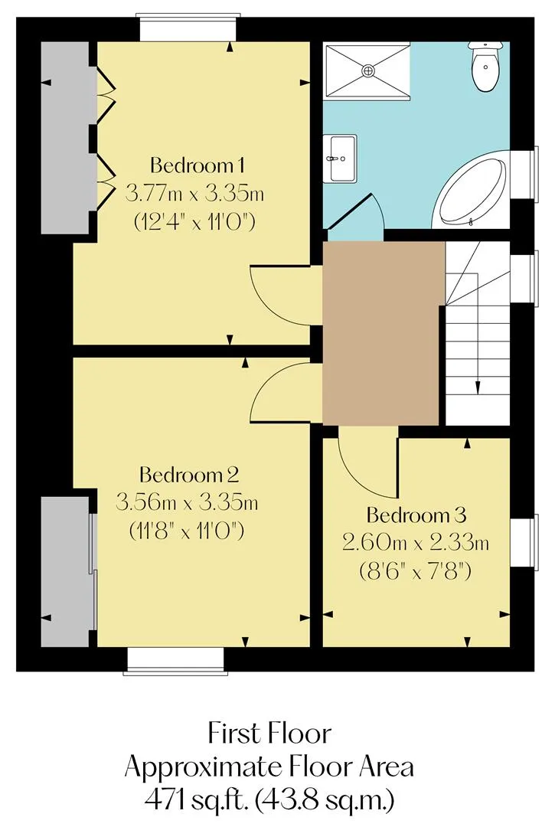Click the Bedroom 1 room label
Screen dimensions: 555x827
click(198, 165)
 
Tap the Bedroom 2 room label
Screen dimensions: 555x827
click(189, 475)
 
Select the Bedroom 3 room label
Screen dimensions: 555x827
click(416, 515)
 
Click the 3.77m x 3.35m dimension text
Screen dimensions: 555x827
click(194, 194)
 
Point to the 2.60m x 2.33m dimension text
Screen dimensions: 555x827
click(416, 542)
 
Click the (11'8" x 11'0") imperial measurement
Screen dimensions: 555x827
click(187, 531)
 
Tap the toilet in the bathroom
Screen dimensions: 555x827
click(485, 67)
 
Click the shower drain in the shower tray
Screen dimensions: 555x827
click(368, 70)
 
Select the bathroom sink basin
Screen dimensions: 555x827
click(340, 159)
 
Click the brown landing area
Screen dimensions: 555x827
click(380, 333)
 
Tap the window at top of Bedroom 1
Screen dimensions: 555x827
click(187, 28)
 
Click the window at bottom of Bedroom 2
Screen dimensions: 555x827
click(175, 661)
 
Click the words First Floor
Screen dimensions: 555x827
click(269, 734)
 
